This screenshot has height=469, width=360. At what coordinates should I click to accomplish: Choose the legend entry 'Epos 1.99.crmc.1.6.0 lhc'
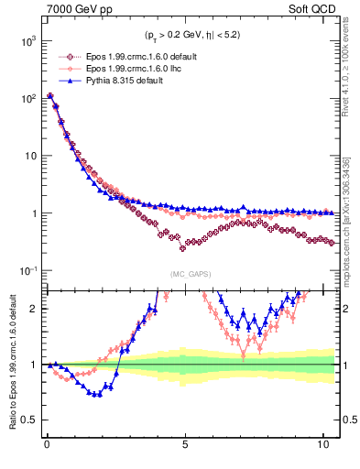128,69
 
